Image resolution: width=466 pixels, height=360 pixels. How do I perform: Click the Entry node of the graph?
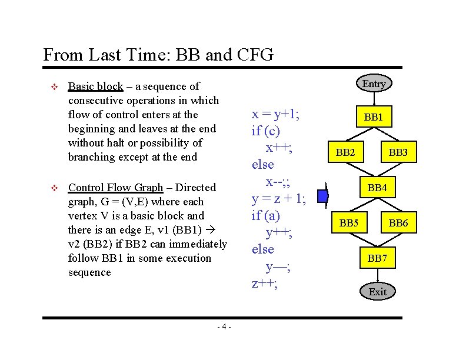(374, 84)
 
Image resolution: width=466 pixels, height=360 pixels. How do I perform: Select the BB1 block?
(374, 118)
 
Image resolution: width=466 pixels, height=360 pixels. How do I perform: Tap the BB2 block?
(345, 153)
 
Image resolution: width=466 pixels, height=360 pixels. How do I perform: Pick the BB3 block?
(398, 153)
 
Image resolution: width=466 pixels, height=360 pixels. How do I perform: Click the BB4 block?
(377, 188)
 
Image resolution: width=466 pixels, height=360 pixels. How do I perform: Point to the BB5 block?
(349, 223)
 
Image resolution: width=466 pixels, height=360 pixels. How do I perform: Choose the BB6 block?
(398, 223)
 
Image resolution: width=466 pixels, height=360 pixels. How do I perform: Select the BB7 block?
(377, 258)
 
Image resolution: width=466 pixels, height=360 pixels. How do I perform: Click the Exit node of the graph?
(377, 292)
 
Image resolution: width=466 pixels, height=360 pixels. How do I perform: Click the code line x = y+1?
(275, 114)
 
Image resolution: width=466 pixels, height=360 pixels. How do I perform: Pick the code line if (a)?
(266, 215)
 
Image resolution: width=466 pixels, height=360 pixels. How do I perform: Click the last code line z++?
(264, 283)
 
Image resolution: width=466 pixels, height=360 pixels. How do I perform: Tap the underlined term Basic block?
(95, 86)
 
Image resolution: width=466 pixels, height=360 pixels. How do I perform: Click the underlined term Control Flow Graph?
(115, 188)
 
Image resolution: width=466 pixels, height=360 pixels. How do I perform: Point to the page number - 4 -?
(224, 327)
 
